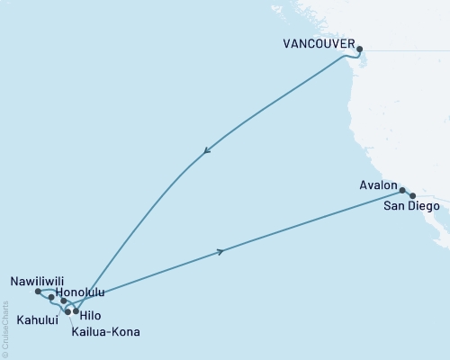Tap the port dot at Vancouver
tap(360, 49)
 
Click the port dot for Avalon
tap(402, 190)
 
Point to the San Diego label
tap(412, 207)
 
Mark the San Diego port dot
tap(412, 195)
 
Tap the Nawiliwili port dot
tap(38, 292)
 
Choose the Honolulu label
tap(80, 292)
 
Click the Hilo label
tap(92, 316)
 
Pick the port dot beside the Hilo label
tap(76, 311)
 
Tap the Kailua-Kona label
tap(105, 330)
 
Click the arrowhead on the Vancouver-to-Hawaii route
tap(208, 152)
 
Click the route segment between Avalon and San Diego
tap(407, 193)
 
